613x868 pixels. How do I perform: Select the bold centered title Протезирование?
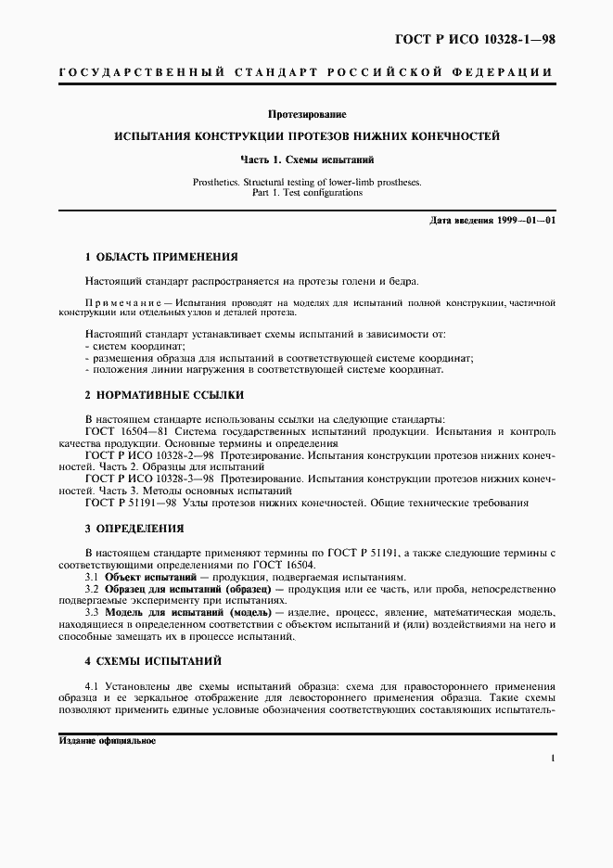point(306,115)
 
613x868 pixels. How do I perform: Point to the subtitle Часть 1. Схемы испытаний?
point(306,160)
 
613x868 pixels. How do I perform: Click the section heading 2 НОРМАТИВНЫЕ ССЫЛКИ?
point(150,394)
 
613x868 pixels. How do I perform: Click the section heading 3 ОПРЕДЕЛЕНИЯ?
point(134,529)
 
